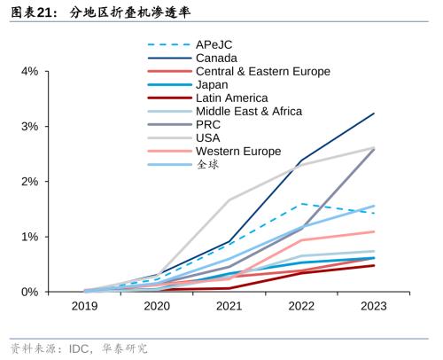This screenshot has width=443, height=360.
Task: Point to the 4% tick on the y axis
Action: point(28,71)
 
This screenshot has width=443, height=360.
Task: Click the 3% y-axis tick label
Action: point(28,127)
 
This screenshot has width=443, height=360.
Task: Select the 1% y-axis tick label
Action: point(28,237)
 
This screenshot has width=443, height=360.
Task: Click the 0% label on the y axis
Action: point(28,292)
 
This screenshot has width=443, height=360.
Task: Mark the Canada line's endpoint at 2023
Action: point(374,113)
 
